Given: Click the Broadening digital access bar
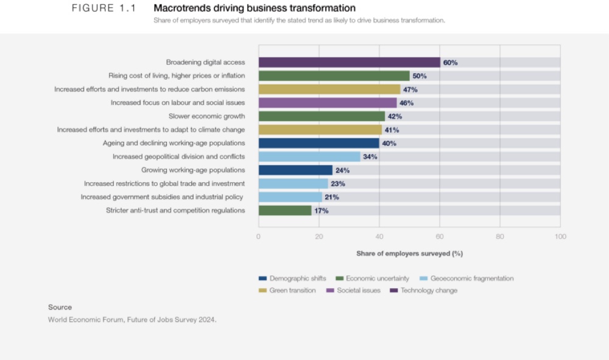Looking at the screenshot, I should (x=349, y=62).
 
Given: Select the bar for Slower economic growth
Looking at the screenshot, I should (x=322, y=116).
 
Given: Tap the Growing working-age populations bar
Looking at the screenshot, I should (x=295, y=170).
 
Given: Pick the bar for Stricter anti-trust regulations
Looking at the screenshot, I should (x=285, y=210).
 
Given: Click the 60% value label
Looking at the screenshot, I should (x=450, y=63).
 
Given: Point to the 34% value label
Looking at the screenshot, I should (x=370, y=157).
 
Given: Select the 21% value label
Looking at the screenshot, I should (x=331, y=197).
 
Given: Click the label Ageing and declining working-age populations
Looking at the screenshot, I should (x=174, y=143).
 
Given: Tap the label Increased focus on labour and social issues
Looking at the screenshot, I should (x=177, y=103).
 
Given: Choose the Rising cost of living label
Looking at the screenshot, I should (x=177, y=76).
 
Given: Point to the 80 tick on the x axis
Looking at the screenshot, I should (x=500, y=236).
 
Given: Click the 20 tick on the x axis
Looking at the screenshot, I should (x=319, y=236).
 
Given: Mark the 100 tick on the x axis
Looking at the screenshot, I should (x=560, y=236).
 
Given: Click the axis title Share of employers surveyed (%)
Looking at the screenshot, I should (x=409, y=253).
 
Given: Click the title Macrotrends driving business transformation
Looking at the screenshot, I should (x=255, y=8).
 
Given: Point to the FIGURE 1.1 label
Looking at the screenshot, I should (x=104, y=8).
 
